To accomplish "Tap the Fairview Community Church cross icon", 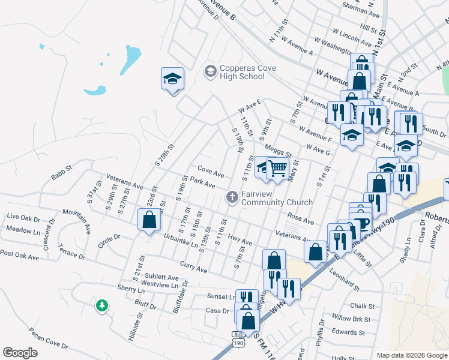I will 231,197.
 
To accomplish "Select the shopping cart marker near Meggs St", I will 277,169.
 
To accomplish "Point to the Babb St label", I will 61,175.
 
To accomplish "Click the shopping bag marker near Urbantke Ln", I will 149,220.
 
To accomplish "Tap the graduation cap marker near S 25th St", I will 172,79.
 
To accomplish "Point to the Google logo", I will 20,353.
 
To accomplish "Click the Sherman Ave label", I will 361,13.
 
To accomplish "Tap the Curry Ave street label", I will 193,266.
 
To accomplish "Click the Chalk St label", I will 362,306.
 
